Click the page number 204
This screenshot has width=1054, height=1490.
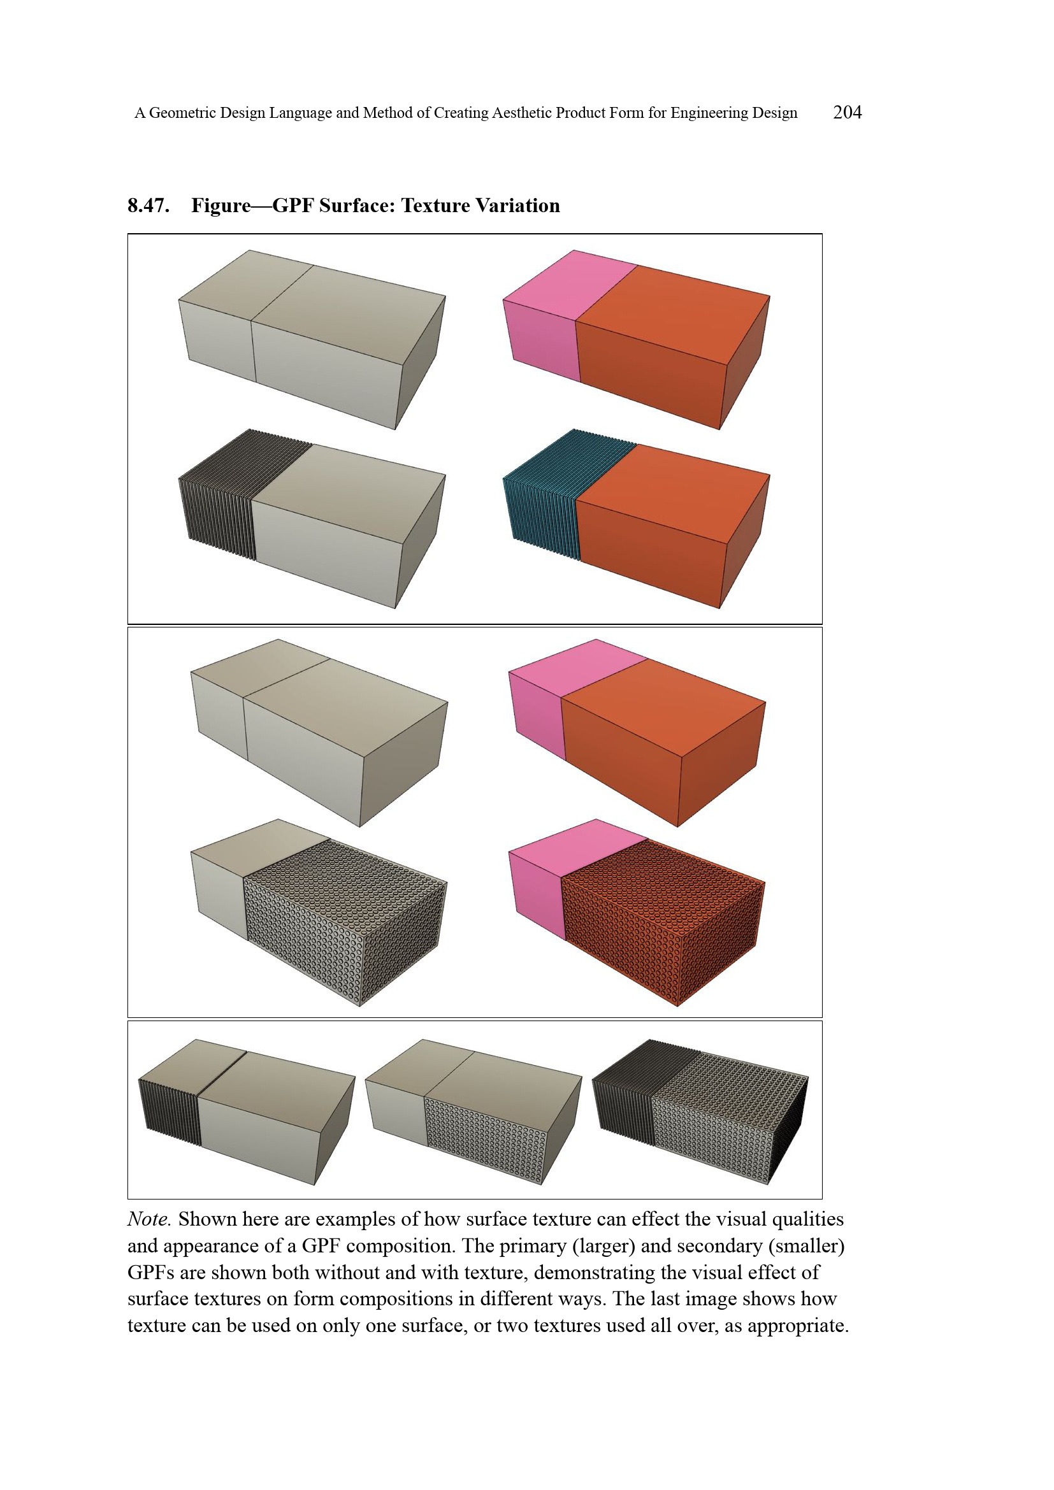[x=847, y=112]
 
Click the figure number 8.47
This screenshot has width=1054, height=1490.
[x=148, y=206]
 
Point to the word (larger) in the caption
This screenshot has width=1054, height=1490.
[x=603, y=1246]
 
